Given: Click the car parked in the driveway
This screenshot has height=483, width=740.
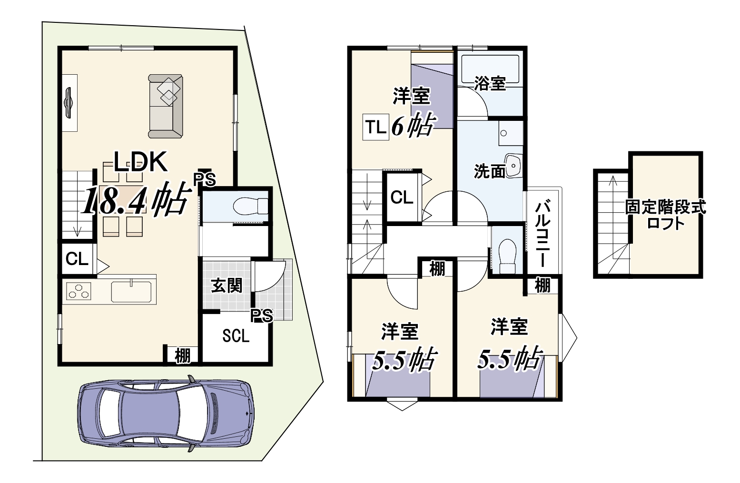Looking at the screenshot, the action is point(166,414).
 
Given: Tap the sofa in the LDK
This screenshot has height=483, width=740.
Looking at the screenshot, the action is point(166,106).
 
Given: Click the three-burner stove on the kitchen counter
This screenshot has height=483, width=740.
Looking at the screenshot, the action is point(79,291).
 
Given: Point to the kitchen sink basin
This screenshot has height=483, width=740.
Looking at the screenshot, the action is point(131,291).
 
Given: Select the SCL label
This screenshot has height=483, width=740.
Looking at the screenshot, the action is point(236,336).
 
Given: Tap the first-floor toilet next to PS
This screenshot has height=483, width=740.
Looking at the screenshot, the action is point(250,207).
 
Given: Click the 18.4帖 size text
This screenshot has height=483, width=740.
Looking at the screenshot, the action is point(136,199).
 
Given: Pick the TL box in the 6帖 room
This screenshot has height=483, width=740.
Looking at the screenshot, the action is point(375,127).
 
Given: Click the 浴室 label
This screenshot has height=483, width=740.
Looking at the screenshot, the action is point(490,83).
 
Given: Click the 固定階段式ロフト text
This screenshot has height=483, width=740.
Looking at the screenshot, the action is point(665,215).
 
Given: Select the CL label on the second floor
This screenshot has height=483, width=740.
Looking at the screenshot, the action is point(402,197).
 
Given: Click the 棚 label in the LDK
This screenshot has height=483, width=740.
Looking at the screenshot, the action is point(182,356).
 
